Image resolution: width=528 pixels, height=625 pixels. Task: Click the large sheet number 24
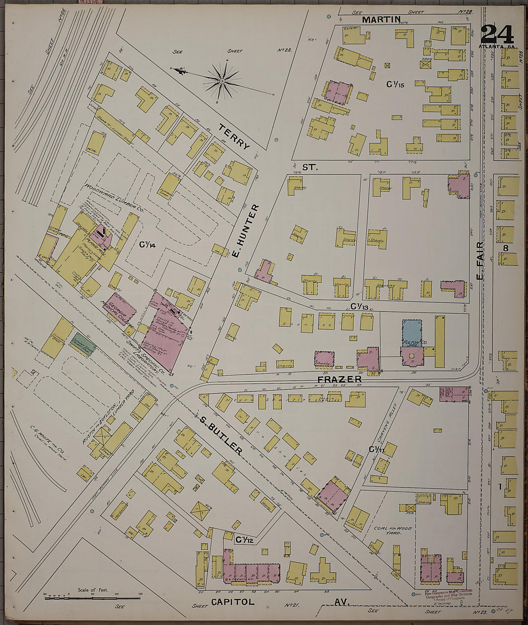pyautogui.click(x=497, y=35)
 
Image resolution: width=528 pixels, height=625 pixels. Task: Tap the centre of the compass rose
pyautogui.click(x=222, y=82)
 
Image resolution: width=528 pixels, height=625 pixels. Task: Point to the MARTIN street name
pyautogui.click(x=381, y=20)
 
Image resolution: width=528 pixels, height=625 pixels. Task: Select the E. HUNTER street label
pyautogui.click(x=246, y=229)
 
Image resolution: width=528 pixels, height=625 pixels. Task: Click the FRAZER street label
pyautogui.click(x=339, y=379)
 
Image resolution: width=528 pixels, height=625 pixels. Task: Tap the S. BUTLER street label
pyautogui.click(x=221, y=434)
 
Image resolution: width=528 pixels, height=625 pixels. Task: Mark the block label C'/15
pyautogui.click(x=396, y=84)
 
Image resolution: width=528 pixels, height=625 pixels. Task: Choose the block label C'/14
pyautogui.click(x=147, y=245)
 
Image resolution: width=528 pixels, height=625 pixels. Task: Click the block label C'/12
pyautogui.click(x=244, y=540)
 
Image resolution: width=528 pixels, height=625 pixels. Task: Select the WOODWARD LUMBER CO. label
pyautogui.click(x=114, y=198)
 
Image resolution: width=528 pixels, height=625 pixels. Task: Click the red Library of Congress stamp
pyautogui.click(x=448, y=595)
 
